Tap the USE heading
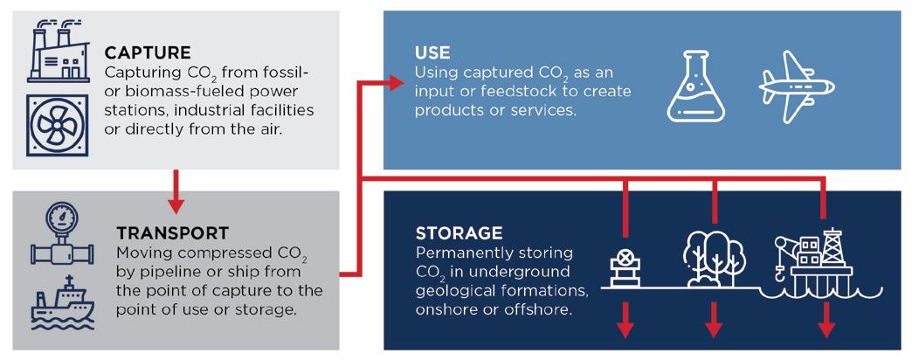pyautogui.click(x=432, y=53)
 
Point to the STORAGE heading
pyautogui.click(x=459, y=233)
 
